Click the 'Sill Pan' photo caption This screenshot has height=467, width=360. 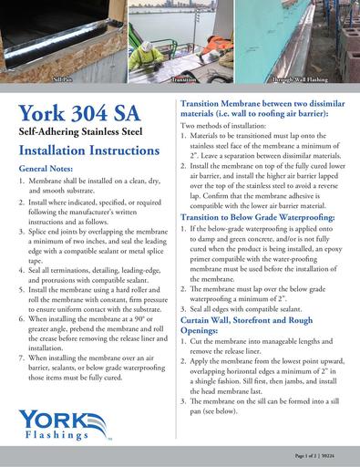point(63,81)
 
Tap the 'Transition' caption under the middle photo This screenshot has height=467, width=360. point(184,81)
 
